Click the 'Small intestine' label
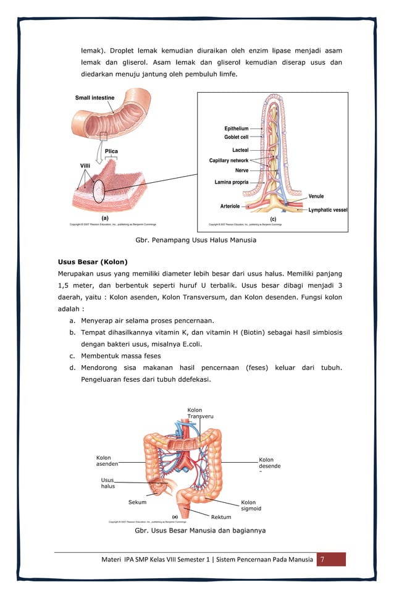click(x=94, y=98)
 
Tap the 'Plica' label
click(x=111, y=151)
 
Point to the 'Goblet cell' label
click(x=236, y=137)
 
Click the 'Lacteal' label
click(x=240, y=150)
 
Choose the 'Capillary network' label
click(x=228, y=161)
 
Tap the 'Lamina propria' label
click(x=232, y=182)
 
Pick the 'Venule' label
click(x=316, y=196)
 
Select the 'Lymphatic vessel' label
click(x=327, y=210)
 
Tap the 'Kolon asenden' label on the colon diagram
click(x=107, y=461)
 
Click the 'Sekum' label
click(x=137, y=502)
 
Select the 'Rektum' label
click(x=220, y=517)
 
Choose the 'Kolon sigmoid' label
click(x=251, y=505)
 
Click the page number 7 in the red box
click(x=330, y=560)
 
